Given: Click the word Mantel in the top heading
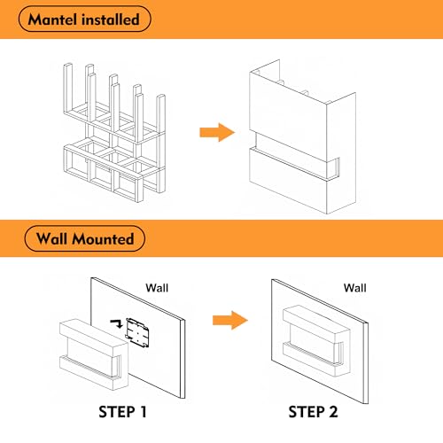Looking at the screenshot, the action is (53, 19).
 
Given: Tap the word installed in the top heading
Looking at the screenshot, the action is (111, 19).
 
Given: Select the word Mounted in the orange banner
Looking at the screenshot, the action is (103, 238).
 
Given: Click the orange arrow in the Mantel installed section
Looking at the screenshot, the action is (217, 132).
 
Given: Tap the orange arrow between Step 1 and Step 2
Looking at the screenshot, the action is (230, 320).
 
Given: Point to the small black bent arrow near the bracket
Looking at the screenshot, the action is (117, 323).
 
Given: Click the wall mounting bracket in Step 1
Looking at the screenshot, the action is (137, 332).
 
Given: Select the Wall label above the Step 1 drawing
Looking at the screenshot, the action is (157, 288).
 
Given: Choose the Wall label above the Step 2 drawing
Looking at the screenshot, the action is (354, 288).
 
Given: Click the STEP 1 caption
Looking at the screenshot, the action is (122, 412).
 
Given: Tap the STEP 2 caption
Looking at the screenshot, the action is (313, 412).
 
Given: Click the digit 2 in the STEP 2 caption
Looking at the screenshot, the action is (333, 412).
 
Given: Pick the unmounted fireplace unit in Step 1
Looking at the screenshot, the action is (94, 354).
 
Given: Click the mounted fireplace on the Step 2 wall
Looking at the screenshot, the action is (316, 340).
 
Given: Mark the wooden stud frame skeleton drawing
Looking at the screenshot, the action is (114, 133).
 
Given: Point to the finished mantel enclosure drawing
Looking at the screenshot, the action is (302, 136).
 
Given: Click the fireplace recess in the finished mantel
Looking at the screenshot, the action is (295, 157).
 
